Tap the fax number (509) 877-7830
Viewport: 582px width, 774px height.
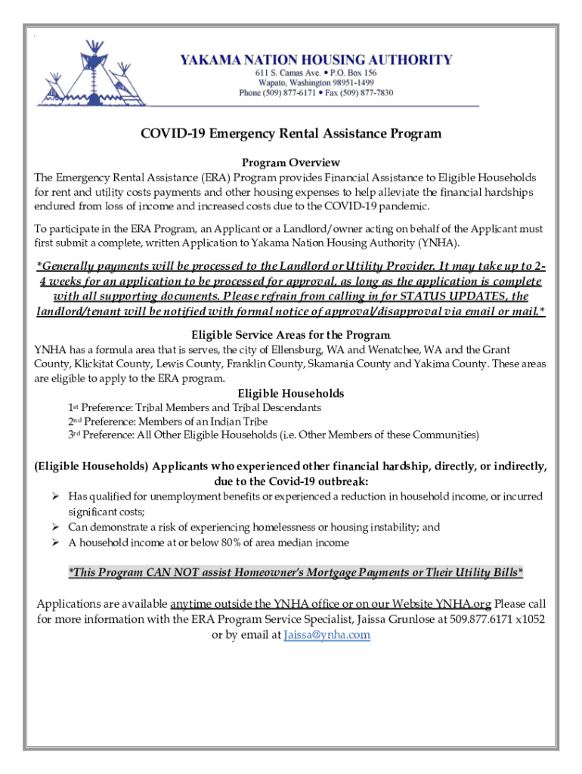coord(367,93)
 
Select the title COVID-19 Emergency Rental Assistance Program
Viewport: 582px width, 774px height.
coord(291,134)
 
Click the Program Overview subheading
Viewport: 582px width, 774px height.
coord(291,163)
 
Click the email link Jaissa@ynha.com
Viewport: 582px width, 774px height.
coord(327,635)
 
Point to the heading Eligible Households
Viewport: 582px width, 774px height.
coord(291,393)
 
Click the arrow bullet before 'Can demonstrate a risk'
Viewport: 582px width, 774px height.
coord(55,527)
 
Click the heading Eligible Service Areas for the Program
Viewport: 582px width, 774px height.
coord(291,335)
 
